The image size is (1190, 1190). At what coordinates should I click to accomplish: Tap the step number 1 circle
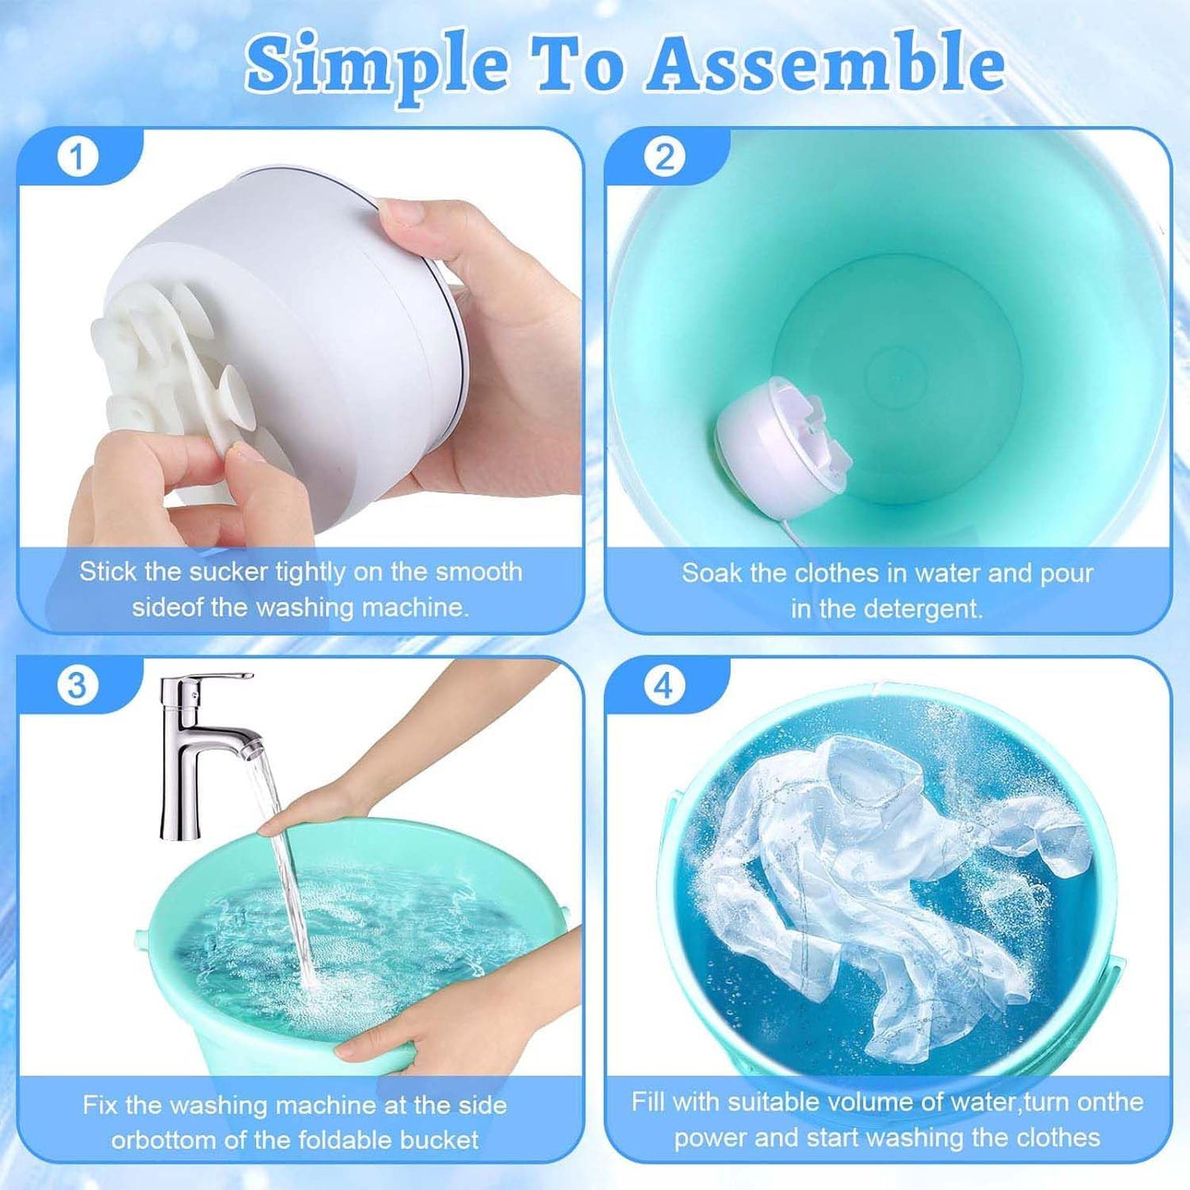tap(77, 156)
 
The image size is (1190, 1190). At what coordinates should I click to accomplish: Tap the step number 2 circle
tap(664, 156)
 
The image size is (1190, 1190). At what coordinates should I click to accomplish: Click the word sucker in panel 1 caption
tap(229, 572)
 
